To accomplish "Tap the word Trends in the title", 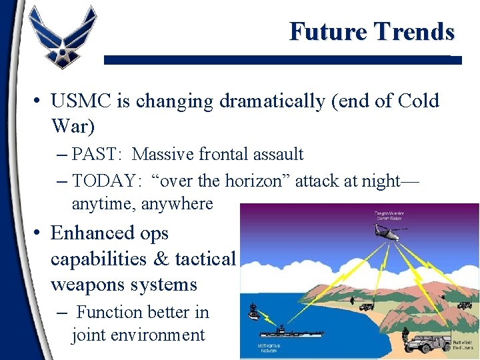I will tap(414, 31).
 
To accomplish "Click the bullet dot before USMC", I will tap(39, 101).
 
